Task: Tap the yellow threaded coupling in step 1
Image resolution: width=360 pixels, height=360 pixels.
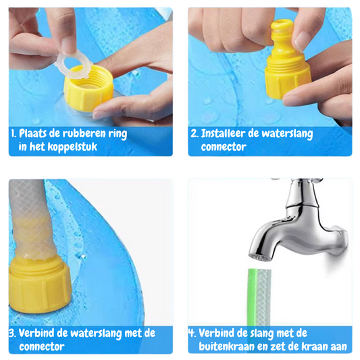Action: click(88, 88)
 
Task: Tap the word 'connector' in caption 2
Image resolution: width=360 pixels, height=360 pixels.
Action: click(224, 147)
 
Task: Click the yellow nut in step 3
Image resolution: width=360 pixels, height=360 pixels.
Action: click(39, 285)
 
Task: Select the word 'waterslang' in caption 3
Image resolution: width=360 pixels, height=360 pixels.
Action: click(96, 334)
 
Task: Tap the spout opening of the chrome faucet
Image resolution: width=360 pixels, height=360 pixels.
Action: click(260, 258)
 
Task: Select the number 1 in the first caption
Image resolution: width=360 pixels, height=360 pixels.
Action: click(14, 133)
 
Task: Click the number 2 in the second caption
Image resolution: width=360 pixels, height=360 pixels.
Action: click(195, 133)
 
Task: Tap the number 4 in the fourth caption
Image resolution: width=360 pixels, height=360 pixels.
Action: click(192, 333)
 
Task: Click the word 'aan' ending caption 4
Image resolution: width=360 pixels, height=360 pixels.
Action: click(338, 347)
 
